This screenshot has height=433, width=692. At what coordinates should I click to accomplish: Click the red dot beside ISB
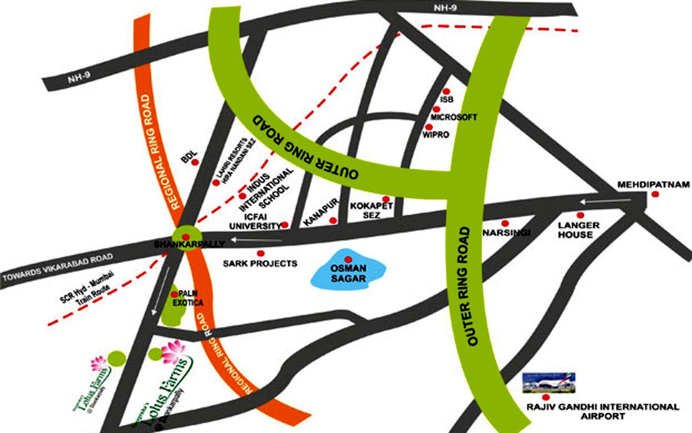coord(446,91)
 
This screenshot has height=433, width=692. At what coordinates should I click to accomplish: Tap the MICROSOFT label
coord(454,117)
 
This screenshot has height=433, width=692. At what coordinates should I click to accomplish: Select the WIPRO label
coord(437,136)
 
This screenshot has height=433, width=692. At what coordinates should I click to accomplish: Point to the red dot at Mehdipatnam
coord(655,194)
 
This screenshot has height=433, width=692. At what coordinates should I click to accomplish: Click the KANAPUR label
coord(320,213)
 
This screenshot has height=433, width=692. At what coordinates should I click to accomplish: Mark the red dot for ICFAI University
coord(285,224)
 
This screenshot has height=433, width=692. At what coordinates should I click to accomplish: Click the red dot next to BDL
coord(195,162)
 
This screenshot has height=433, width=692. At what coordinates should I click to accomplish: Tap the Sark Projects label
coord(260,263)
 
